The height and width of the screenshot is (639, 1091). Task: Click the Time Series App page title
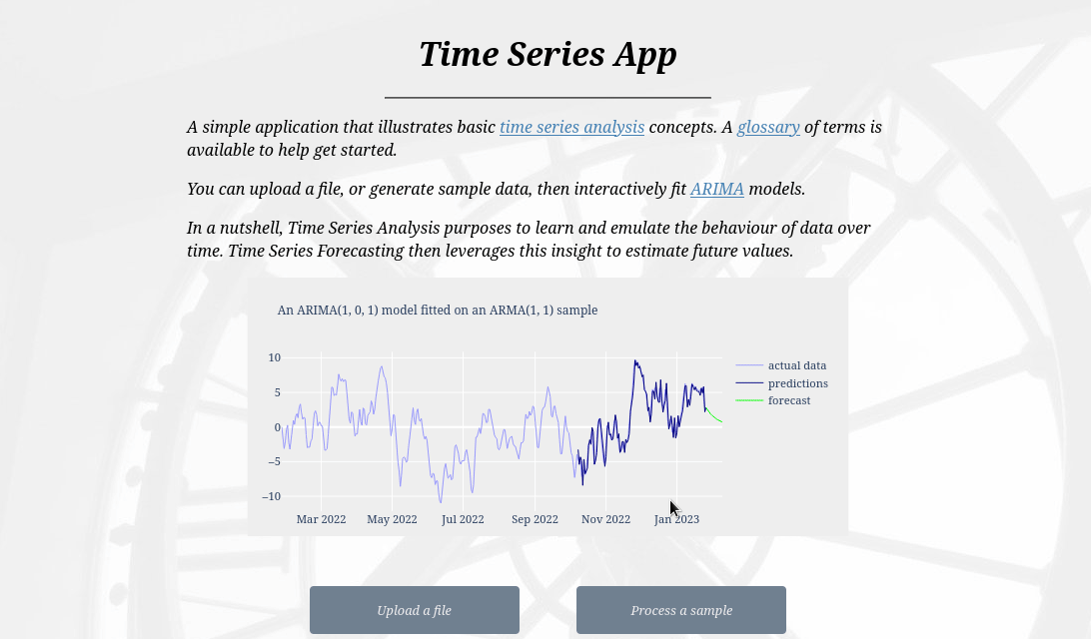[546, 54]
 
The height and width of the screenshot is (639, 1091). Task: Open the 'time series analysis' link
[571, 128]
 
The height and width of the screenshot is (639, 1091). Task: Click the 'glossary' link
[768, 128]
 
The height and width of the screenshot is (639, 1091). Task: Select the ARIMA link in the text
[716, 190]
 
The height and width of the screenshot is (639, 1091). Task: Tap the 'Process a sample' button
[680, 610]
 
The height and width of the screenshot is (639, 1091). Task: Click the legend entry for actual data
[796, 365]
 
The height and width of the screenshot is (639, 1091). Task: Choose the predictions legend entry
[797, 383]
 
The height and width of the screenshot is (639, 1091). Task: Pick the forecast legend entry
[788, 400]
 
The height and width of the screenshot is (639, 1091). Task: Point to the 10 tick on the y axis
[274, 357]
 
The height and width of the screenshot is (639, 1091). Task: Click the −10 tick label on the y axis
[272, 496]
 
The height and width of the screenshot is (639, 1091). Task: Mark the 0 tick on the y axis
[278, 427]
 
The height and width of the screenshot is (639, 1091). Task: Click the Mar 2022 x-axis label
[321, 519]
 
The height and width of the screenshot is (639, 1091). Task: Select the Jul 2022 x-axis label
[463, 519]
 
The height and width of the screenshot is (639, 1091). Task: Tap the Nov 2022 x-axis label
[605, 519]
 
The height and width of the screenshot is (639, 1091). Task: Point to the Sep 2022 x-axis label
[535, 519]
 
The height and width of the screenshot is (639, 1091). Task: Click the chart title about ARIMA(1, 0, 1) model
[437, 311]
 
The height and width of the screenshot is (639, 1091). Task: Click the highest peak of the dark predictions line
[634, 361]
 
